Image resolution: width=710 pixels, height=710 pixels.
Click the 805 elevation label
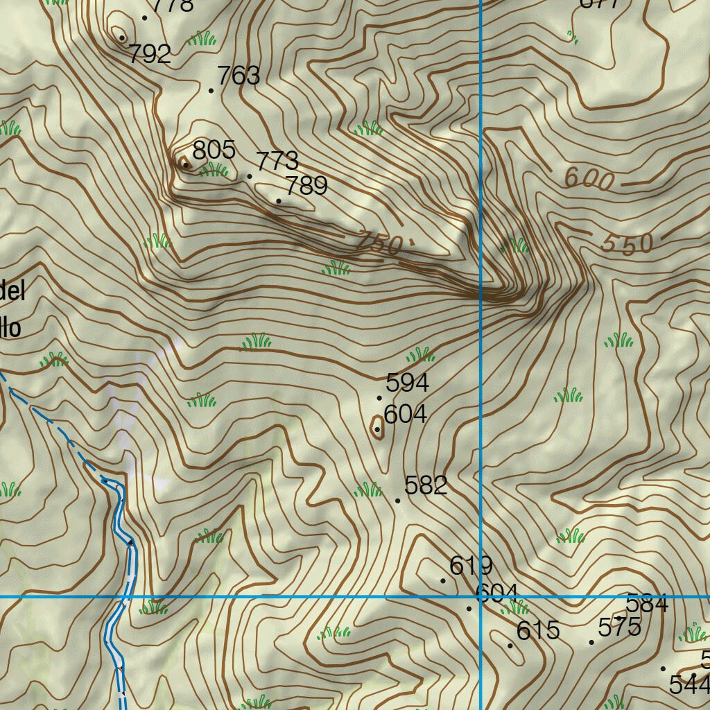click(214, 150)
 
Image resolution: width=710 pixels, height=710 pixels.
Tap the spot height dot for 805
click(186, 164)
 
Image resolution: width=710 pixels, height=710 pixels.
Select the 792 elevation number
click(150, 54)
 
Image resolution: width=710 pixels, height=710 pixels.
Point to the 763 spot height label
click(239, 76)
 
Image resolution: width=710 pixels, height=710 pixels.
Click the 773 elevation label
click(277, 162)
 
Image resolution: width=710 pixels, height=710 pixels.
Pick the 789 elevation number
click(306, 186)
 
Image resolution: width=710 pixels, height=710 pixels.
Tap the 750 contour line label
click(380, 243)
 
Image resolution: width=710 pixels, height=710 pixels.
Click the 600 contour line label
click(589, 180)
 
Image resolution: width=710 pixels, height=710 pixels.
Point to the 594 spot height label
click(408, 382)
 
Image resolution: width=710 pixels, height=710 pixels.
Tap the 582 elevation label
click(426, 485)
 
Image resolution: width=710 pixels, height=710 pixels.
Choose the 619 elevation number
click(471, 566)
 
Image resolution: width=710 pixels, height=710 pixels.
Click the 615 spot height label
click(538, 630)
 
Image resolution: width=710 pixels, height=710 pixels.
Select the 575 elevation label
click(619, 627)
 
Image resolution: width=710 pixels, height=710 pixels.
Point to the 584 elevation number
click(647, 603)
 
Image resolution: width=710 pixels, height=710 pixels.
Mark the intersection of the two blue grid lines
click(480, 596)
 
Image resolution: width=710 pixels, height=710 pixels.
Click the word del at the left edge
click(12, 291)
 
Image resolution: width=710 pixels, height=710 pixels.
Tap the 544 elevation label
click(689, 685)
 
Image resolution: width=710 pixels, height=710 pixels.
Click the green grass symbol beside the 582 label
click(368, 490)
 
